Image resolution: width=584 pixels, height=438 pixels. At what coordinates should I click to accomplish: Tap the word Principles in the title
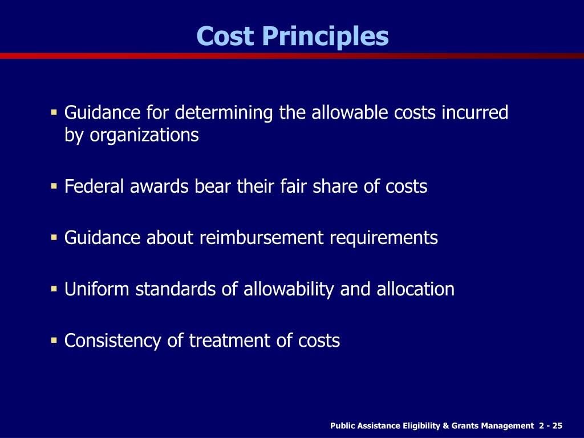325,37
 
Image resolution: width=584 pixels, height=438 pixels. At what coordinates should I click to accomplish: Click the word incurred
475,112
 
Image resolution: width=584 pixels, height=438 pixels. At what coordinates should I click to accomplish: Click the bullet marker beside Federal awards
54,186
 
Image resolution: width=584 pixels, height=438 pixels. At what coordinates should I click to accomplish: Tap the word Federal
92,186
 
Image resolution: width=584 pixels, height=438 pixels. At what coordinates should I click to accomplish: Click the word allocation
415,289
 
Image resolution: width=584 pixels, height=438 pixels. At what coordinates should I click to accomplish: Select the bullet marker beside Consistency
54,340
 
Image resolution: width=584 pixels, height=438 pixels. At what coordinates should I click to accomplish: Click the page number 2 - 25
550,426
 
